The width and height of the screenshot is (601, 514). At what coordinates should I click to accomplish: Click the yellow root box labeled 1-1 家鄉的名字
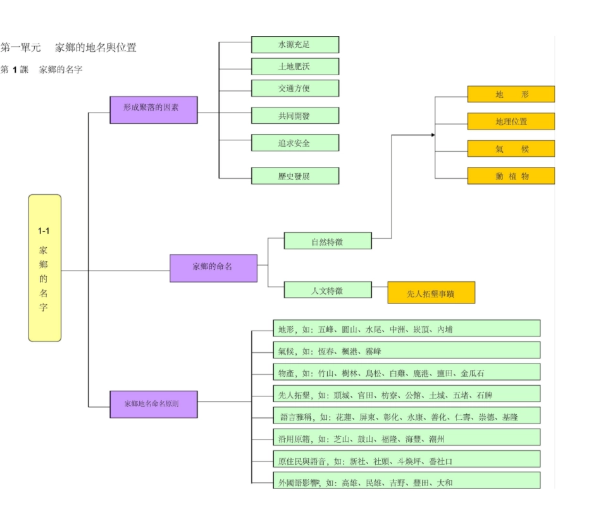tap(45, 267)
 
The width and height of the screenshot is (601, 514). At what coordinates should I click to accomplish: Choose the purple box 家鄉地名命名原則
tap(153, 404)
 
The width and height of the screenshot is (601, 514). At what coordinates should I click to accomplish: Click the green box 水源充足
tap(295, 45)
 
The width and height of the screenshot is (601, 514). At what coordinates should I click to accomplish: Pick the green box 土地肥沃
tap(295, 66)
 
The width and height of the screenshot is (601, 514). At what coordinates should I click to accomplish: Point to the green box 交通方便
tap(295, 88)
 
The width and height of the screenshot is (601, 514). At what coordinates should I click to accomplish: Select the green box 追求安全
tap(295, 143)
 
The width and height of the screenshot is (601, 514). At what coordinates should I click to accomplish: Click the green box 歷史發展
tap(295, 176)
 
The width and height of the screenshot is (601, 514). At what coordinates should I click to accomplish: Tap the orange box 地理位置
tap(511, 121)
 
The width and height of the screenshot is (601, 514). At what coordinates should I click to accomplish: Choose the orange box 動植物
tap(511, 176)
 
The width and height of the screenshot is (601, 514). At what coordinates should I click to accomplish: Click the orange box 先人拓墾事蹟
tap(431, 293)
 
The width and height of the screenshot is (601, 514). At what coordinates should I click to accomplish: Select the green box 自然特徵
tap(327, 241)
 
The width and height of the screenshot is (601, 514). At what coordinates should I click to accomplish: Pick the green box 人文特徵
tap(327, 290)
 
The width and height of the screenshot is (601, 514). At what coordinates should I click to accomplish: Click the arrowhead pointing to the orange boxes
tap(433, 135)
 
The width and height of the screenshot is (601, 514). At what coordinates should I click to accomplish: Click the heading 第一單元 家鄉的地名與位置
tap(68, 47)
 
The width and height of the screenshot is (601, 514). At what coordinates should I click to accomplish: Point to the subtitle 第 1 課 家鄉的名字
tap(42, 70)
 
